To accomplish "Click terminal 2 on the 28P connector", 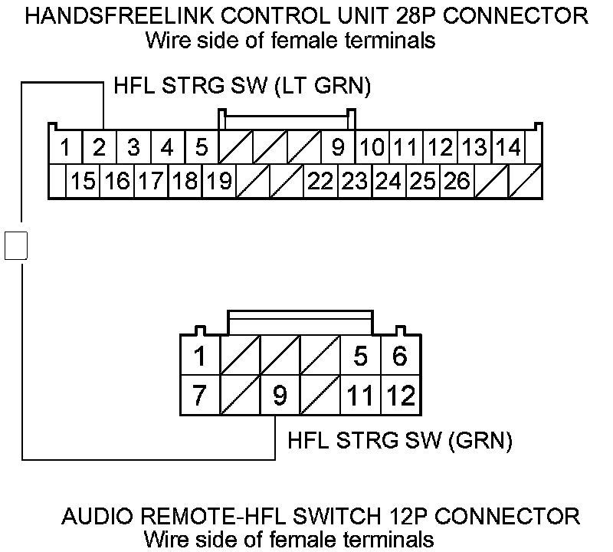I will [100, 146].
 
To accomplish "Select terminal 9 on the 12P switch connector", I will [280, 396].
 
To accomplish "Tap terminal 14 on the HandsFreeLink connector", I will [507, 146].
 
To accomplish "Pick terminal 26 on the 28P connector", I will [457, 182].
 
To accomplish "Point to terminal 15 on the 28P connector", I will [83, 182].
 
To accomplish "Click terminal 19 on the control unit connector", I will [219, 182].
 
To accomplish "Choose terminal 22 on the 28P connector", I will [321, 182].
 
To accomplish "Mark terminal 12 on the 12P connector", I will [401, 396].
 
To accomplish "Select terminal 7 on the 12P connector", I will [199, 396].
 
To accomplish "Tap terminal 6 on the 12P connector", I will [400, 356].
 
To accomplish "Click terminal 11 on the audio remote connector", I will [360, 396].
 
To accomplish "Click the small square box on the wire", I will [16, 245].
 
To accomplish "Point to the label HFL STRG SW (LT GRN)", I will [242, 86].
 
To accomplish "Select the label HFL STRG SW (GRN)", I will [399, 441].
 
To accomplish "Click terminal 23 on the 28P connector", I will [355, 182].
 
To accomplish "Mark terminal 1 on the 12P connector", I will [199, 356].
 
